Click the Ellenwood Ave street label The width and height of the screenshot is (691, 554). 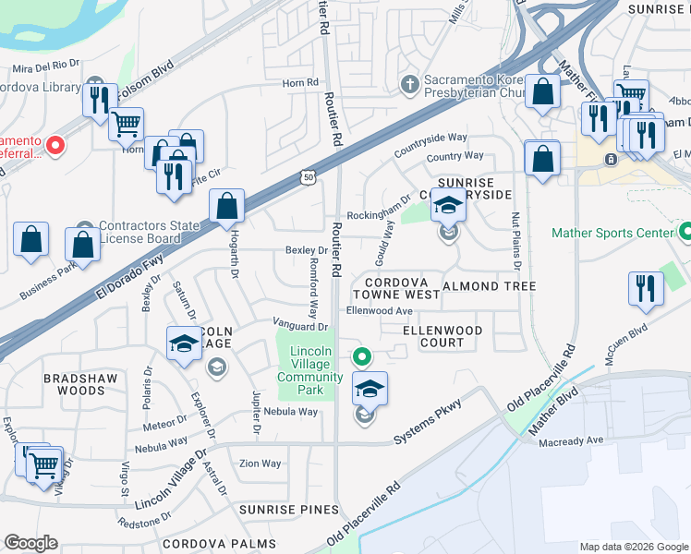tap(379, 311)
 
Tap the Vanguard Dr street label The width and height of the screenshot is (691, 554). tap(300, 326)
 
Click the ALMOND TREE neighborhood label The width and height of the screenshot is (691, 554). tap(490, 286)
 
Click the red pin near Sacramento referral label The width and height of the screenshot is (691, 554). tap(55, 145)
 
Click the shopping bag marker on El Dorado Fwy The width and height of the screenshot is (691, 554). tap(226, 206)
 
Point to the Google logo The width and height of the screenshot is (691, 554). tap(31, 543)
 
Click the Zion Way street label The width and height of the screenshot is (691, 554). tap(260, 464)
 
